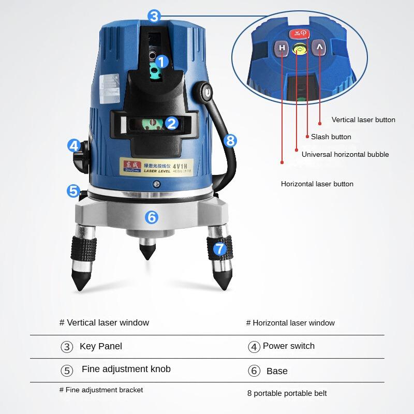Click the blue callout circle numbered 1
pos(162,62)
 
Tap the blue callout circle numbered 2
pos(172,123)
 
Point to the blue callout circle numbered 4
pos(74,146)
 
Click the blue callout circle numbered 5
pos(73,190)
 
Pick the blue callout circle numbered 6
pos(151,217)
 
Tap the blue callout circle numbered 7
pos(220,248)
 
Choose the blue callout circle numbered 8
pos(231,140)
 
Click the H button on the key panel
pos(282,49)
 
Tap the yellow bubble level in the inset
pos(299,50)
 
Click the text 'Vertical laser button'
pos(363,120)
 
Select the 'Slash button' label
pos(331,137)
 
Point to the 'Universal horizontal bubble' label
pos(345,154)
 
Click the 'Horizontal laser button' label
pos(317,184)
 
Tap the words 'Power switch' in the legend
pos(288,346)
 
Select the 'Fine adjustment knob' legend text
pos(126,369)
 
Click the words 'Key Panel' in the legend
pos(101,346)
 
